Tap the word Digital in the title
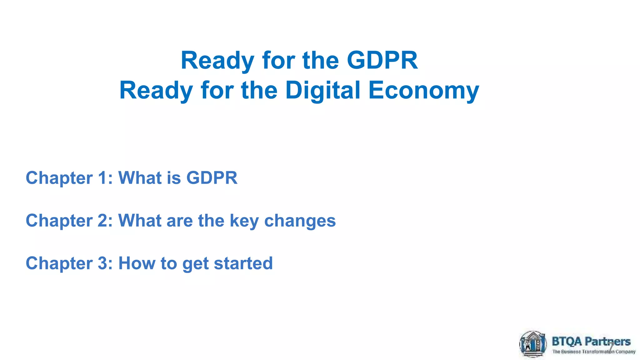click(323, 90)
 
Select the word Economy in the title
click(424, 90)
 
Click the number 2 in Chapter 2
click(103, 221)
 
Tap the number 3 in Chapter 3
click(103, 263)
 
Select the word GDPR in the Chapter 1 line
click(212, 178)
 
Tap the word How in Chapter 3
click(137, 263)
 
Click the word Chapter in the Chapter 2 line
click(59, 221)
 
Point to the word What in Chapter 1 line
click(139, 178)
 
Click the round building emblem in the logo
click(533, 344)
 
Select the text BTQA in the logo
click(567, 341)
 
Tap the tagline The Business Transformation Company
click(594, 352)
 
